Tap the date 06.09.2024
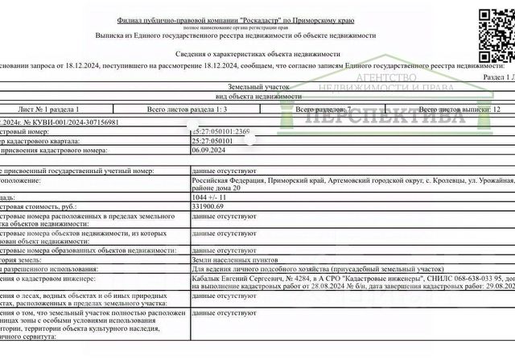tap(208, 150)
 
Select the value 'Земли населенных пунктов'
tap(229, 261)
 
